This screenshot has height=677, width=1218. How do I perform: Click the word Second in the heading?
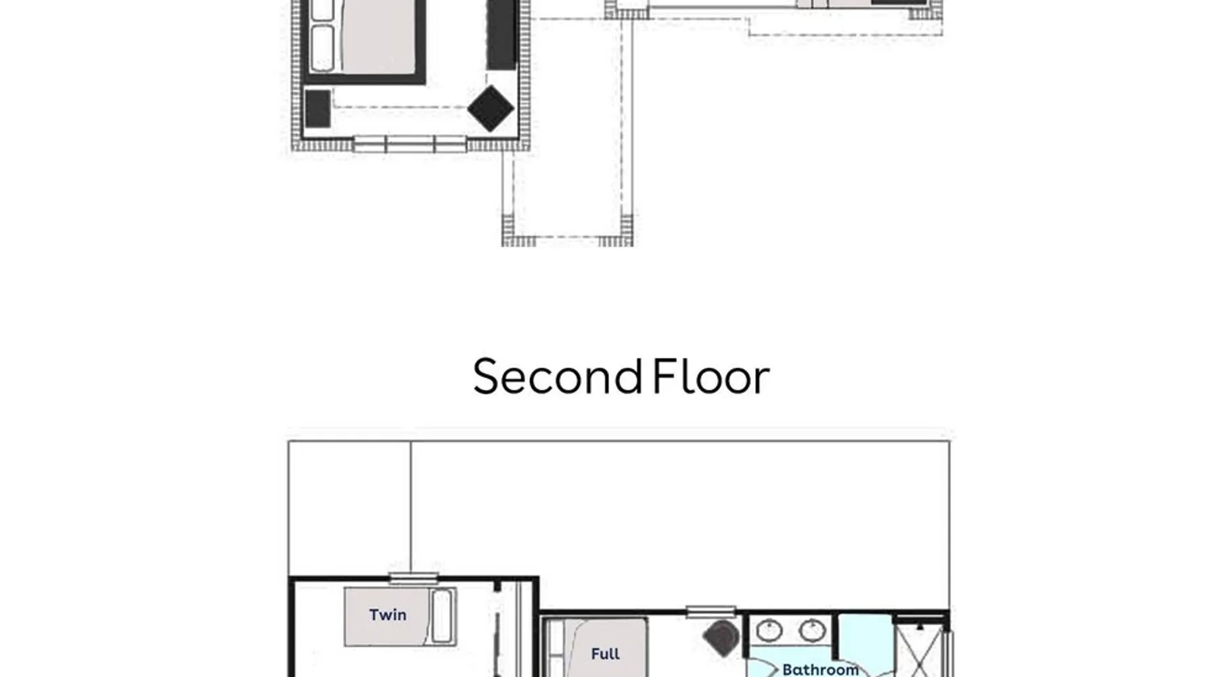tap(558, 376)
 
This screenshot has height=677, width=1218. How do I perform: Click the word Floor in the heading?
tap(710, 376)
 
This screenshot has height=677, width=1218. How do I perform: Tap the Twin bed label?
tap(388, 615)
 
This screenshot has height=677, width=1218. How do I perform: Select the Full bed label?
tap(605, 654)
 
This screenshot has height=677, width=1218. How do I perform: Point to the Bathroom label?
tap(820, 670)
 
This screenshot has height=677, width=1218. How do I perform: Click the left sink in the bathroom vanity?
tap(769, 631)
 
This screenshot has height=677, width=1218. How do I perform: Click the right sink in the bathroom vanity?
tap(812, 631)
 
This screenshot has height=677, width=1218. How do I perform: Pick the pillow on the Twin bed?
tap(441, 615)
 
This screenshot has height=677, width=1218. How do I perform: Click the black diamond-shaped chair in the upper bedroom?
tap(491, 108)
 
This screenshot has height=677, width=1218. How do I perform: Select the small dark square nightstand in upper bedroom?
tap(317, 108)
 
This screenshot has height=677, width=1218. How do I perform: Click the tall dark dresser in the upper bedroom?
tap(501, 34)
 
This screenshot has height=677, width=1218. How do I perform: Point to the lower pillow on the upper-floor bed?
tap(323, 48)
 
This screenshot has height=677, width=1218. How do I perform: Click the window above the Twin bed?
tap(413, 578)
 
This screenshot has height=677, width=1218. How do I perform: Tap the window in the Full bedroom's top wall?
tap(710, 612)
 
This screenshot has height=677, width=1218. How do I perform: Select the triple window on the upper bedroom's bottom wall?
tap(410, 144)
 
